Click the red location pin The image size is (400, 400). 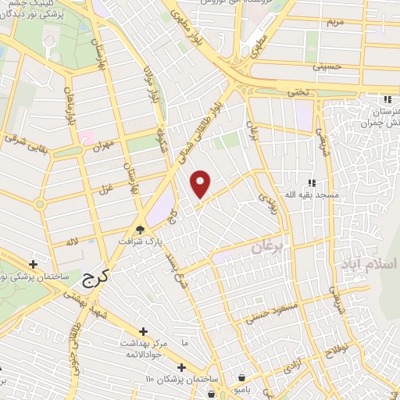pyautogui.click(x=201, y=184)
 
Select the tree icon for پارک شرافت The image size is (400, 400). pyautogui.click(x=141, y=230)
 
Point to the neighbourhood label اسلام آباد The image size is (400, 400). pyautogui.click(x=368, y=265)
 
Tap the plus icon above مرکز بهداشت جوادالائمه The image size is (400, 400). pyautogui.click(x=142, y=332)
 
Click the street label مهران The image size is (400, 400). pyautogui.click(x=102, y=145)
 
